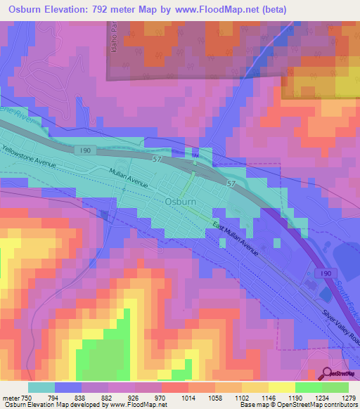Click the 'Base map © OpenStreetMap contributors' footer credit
coord(297,405)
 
